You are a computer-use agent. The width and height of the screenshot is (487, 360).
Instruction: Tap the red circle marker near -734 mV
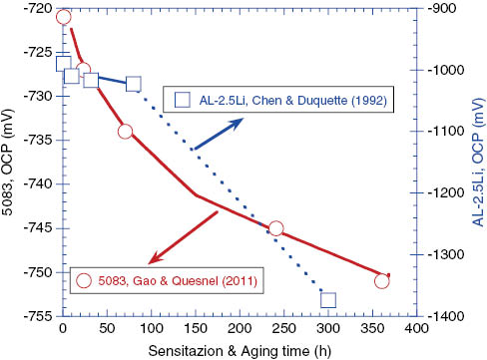(x=125, y=132)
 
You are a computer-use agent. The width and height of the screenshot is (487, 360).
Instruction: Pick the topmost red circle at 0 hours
(x=63, y=17)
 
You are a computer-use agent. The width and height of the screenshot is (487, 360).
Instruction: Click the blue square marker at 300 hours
(x=328, y=299)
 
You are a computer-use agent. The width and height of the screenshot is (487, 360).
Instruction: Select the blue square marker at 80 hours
(x=133, y=84)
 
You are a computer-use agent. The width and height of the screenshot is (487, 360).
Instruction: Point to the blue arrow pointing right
(x=218, y=135)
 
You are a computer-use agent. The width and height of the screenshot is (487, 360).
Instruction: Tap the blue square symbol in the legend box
(x=183, y=99)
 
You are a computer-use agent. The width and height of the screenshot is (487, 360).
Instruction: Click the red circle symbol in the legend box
(x=85, y=280)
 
